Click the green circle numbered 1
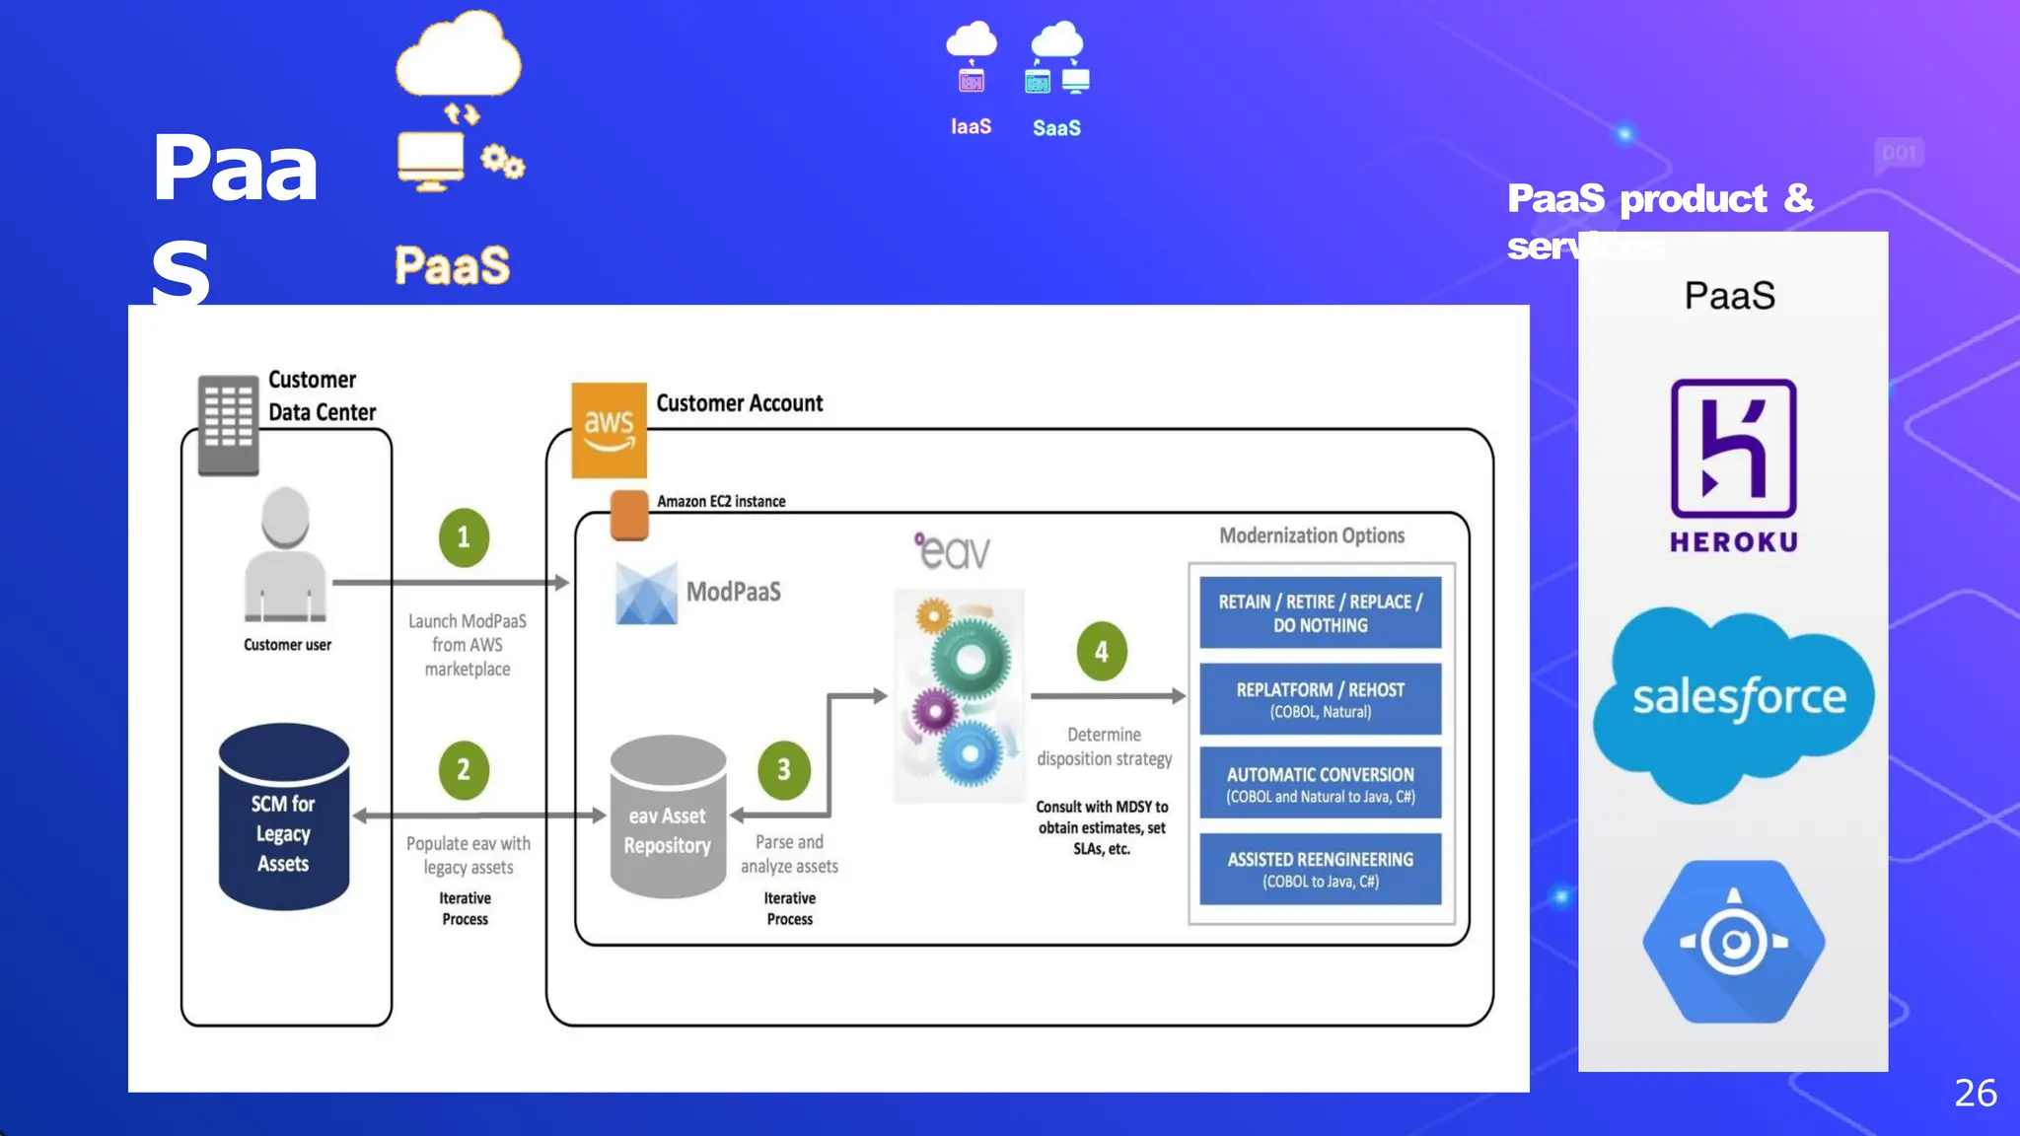pyautogui.click(x=464, y=537)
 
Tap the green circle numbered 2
pyautogui.click(x=464, y=770)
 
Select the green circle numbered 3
pyautogui.click(x=784, y=770)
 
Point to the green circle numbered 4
pyautogui.click(x=1102, y=652)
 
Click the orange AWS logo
pyautogui.click(x=609, y=430)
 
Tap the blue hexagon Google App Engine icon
pyautogui.click(x=1733, y=942)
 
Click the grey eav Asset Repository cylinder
pyautogui.click(x=668, y=817)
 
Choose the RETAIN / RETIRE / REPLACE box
pyautogui.click(x=1320, y=612)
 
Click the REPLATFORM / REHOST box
pyautogui.click(x=1320, y=699)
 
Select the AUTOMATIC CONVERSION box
pyautogui.click(x=1320, y=784)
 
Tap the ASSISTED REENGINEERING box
pyautogui.click(x=1320, y=869)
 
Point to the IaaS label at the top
pyautogui.click(x=971, y=127)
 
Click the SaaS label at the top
pyautogui.click(x=1056, y=128)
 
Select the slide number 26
pyautogui.click(x=1975, y=1093)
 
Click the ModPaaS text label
pyautogui.click(x=733, y=592)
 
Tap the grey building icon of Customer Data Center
pyautogui.click(x=228, y=425)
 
